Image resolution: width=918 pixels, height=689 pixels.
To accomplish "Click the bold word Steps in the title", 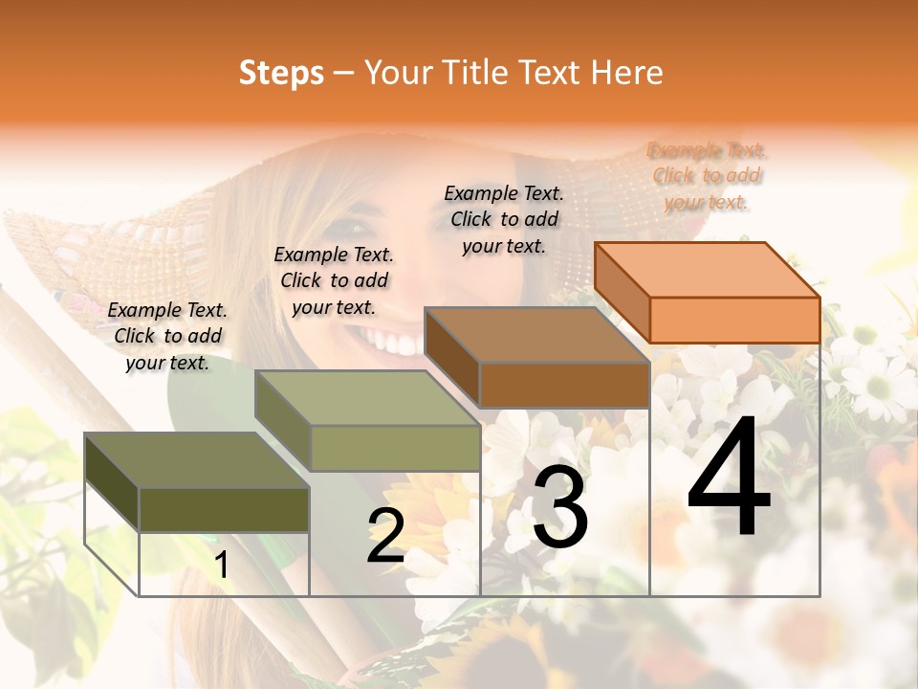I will [x=281, y=73].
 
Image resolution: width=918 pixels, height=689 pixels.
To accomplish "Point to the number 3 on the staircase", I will [x=560, y=507].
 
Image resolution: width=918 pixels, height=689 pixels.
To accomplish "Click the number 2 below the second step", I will [x=385, y=536].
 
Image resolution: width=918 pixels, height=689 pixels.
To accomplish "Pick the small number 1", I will [x=222, y=565].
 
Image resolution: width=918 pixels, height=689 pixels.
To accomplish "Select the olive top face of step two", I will [x=367, y=398].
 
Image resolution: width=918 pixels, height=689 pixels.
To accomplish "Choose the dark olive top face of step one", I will [x=197, y=460].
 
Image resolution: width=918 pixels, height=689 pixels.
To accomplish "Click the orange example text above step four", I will [x=707, y=176].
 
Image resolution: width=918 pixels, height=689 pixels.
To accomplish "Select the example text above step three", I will [x=504, y=219].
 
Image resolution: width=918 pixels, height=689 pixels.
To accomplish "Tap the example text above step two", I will [x=334, y=280].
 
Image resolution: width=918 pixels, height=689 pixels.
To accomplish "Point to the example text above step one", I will [x=167, y=336].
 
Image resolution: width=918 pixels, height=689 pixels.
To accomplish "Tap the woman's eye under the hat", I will [x=350, y=228].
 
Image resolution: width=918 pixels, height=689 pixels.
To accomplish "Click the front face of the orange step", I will [x=734, y=320].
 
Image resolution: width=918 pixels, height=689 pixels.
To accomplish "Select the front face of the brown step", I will [x=564, y=385].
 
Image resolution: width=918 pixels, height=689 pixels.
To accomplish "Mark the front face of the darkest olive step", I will [x=224, y=509].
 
